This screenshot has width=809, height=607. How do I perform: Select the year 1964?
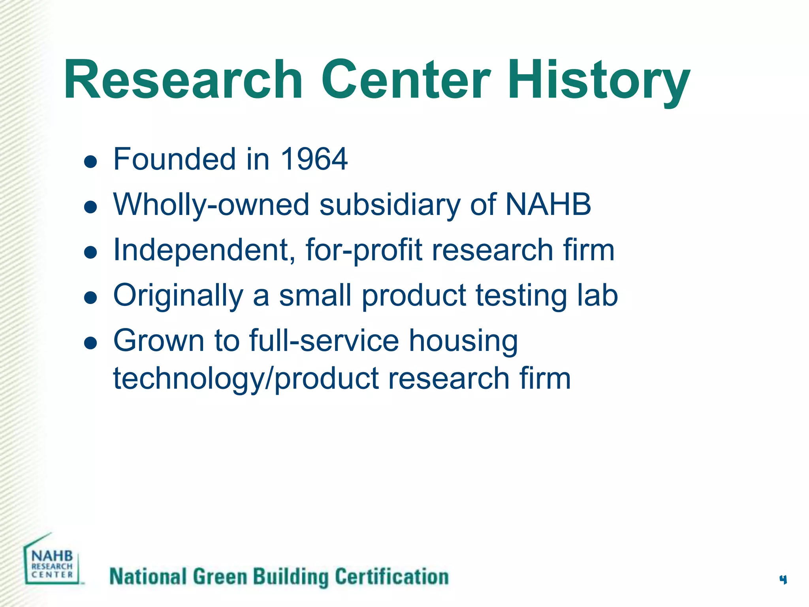[x=314, y=159]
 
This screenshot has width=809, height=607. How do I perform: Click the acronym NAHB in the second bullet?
[x=548, y=205]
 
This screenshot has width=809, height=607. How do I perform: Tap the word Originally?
[x=178, y=296]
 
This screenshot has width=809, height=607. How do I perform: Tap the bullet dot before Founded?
[x=91, y=162]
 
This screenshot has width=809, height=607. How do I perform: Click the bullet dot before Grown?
[x=91, y=343]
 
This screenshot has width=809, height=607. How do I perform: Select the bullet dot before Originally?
[x=91, y=298]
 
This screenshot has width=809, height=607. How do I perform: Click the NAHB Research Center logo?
[x=52, y=561]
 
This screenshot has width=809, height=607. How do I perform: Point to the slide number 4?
[x=783, y=580]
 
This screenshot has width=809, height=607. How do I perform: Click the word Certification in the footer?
[x=392, y=577]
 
